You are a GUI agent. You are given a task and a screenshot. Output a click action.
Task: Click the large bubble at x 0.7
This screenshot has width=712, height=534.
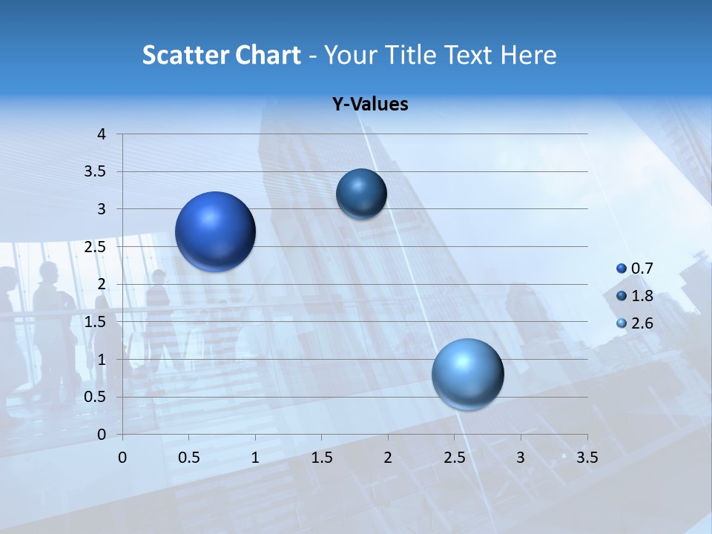[215, 231]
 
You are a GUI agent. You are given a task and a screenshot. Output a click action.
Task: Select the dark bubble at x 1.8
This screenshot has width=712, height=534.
[361, 194]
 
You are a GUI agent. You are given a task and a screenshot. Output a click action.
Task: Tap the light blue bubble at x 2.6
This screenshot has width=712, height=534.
[467, 374]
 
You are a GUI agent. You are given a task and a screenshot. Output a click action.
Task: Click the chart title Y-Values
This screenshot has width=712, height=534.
[369, 105]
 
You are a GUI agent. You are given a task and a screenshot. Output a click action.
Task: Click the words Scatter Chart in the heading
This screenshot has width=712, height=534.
[221, 55]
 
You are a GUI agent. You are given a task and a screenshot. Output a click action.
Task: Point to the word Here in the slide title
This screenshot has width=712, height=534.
[528, 55]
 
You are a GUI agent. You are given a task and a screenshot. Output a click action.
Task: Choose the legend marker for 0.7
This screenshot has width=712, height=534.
[622, 268]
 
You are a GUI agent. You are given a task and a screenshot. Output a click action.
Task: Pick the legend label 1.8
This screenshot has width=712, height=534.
[642, 296]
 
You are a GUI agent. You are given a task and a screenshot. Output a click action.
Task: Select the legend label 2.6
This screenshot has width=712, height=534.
[642, 323]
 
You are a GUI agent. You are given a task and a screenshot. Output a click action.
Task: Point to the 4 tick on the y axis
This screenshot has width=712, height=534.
[102, 134]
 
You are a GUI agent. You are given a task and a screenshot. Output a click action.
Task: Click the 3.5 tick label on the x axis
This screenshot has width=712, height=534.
[587, 458]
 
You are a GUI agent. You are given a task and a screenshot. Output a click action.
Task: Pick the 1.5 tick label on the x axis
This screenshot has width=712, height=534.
[321, 458]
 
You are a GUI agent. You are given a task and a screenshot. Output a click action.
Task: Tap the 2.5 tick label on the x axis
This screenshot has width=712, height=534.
[454, 458]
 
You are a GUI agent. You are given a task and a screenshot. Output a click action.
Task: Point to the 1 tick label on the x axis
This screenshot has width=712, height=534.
[255, 458]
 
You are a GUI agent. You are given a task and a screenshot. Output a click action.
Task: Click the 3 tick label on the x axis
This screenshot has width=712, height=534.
[521, 458]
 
